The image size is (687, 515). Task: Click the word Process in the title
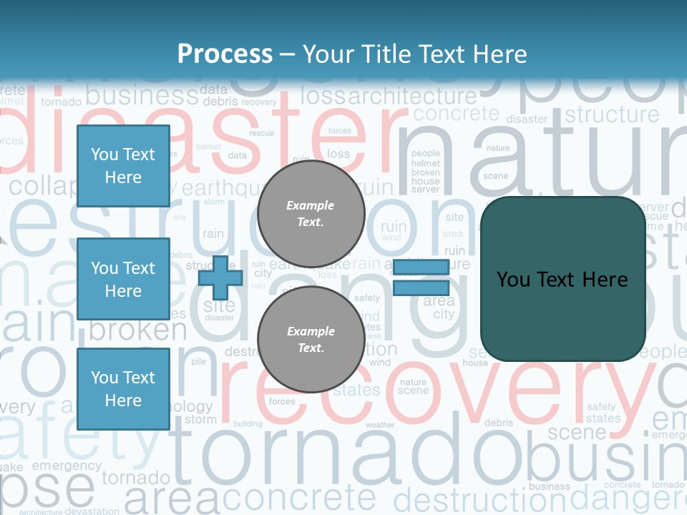click(225, 54)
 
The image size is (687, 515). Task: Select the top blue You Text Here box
click(123, 166)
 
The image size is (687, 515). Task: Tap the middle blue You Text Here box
click(123, 279)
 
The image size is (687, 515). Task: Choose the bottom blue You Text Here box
click(123, 388)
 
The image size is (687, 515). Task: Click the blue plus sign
click(220, 278)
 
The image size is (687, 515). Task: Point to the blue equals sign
click(421, 278)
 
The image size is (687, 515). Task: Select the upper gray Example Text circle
click(311, 213)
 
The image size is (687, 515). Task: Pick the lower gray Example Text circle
click(311, 339)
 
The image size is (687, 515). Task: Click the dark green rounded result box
click(562, 279)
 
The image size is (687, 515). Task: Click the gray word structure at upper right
click(612, 114)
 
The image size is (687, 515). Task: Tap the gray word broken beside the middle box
click(137, 330)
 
